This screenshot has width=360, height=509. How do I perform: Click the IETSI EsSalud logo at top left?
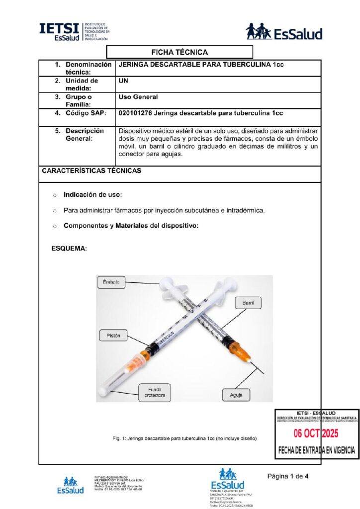tap(74, 32)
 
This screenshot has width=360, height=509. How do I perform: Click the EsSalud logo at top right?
tap(284, 33)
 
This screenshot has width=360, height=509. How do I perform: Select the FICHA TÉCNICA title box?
tap(180, 52)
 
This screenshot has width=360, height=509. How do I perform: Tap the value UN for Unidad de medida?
tap(124, 81)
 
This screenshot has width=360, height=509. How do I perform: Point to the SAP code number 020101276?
tap(136, 113)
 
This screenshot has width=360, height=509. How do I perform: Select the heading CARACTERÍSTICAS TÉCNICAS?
tap(91, 171)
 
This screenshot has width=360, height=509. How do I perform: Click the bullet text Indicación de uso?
tap(92, 194)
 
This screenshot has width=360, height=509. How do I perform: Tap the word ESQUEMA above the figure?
tap(70, 248)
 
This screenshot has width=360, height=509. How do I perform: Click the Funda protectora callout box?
tap(154, 392)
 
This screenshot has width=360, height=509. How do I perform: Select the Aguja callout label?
tap(236, 396)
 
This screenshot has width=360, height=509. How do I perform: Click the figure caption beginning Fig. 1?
tap(184, 438)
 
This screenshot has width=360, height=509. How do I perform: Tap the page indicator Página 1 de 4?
tap(288, 476)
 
